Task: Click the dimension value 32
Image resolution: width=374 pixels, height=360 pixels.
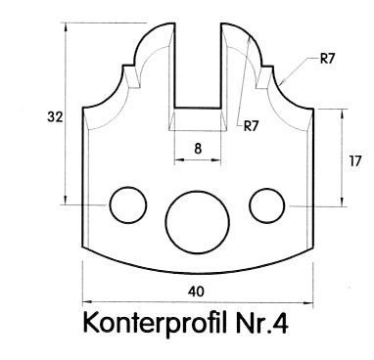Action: click(55, 116)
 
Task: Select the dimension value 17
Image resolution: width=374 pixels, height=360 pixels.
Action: click(355, 161)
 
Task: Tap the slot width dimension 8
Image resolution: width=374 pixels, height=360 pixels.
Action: click(198, 149)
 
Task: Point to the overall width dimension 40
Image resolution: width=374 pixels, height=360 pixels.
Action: click(196, 292)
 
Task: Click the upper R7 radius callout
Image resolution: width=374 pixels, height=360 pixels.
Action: click(328, 59)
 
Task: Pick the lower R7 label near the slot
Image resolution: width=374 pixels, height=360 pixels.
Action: click(251, 126)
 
